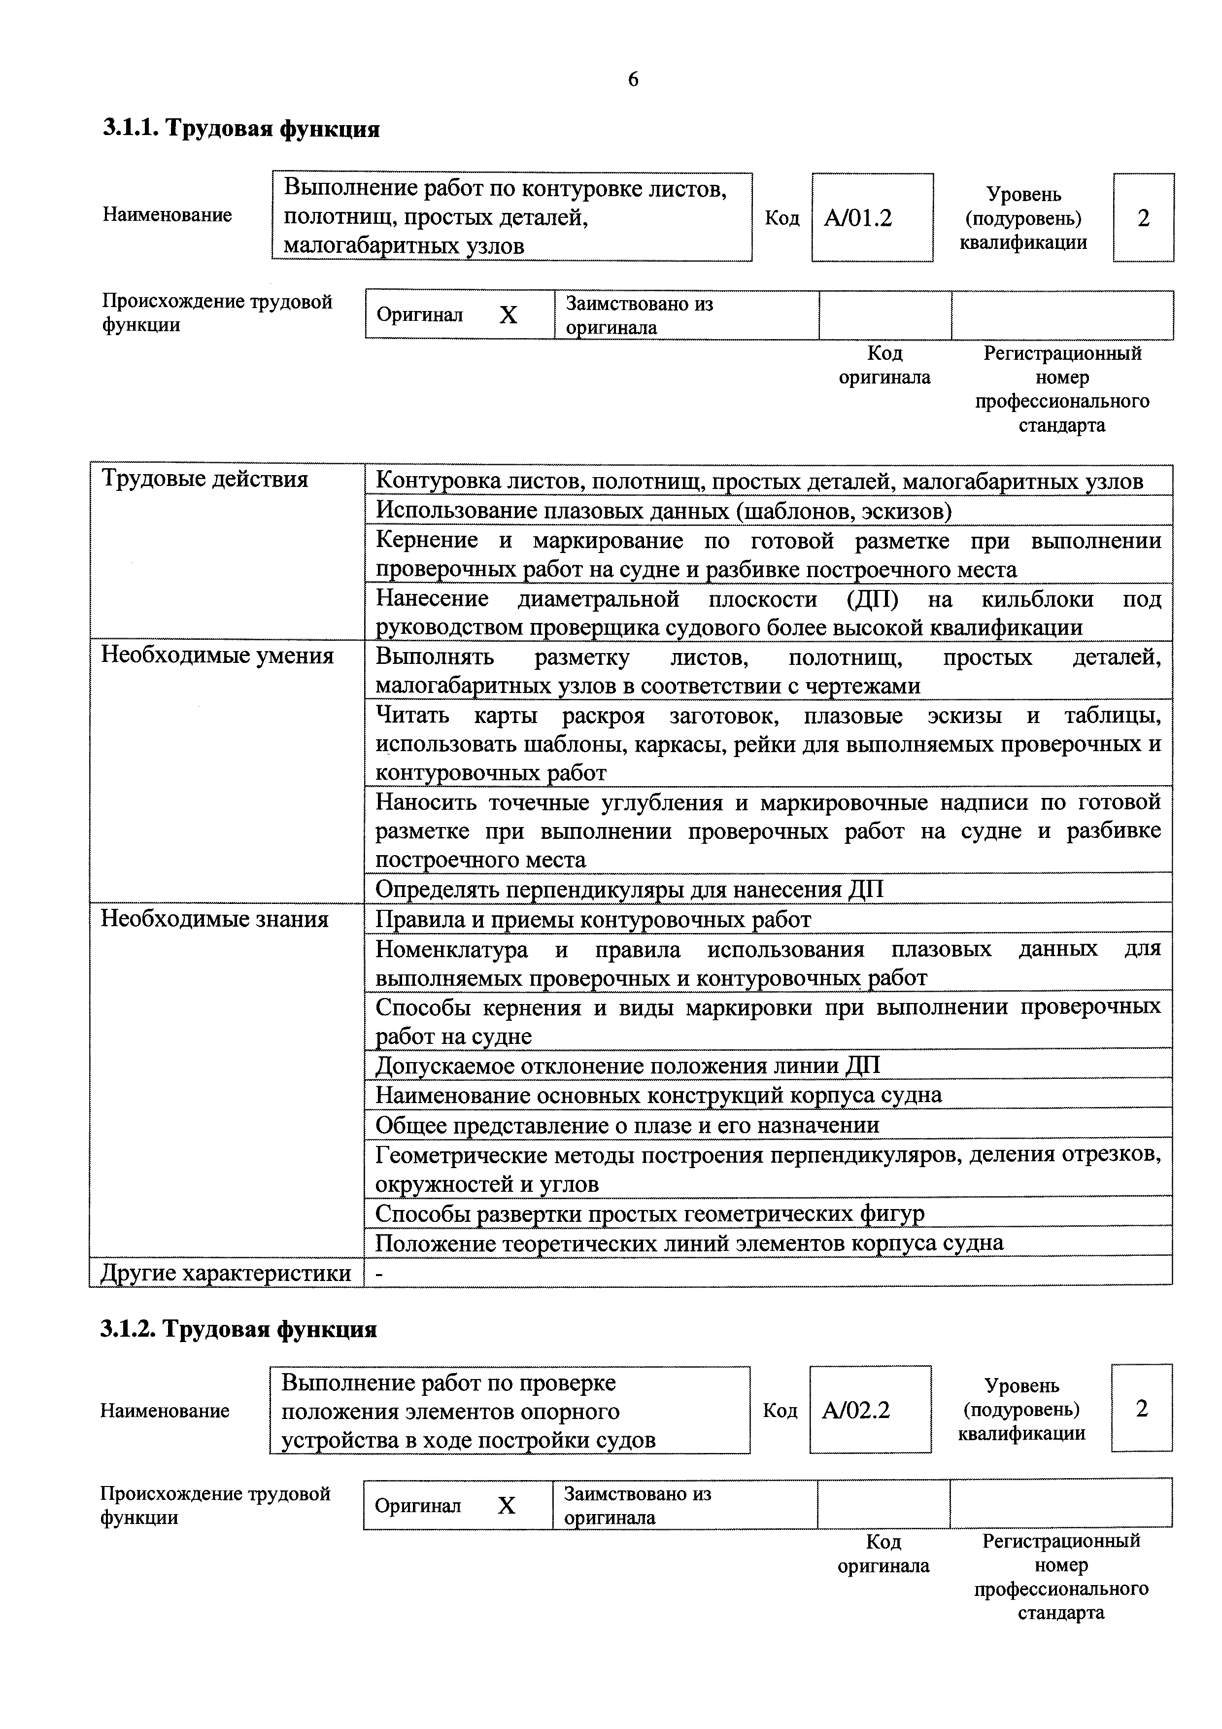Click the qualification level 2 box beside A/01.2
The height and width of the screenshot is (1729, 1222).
click(x=1143, y=218)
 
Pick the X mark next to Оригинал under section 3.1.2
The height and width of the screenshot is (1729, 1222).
click(x=507, y=1505)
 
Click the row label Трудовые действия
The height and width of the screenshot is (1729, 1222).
click(x=205, y=479)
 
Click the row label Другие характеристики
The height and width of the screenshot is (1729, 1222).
click(x=226, y=1273)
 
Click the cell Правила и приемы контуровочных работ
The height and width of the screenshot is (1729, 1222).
click(x=593, y=920)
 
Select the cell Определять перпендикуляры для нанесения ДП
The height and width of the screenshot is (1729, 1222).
click(x=629, y=889)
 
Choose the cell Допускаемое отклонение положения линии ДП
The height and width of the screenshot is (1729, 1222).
click(x=627, y=1066)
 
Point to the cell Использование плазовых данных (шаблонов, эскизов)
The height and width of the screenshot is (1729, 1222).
click(x=663, y=511)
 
